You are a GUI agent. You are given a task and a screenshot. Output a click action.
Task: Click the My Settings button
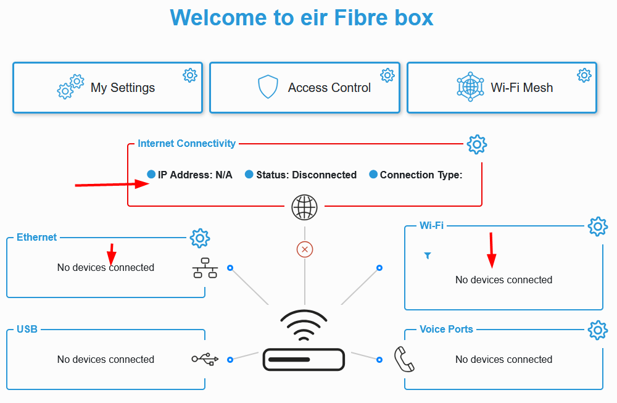tap(107, 88)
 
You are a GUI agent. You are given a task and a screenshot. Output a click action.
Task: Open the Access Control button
tap(305, 88)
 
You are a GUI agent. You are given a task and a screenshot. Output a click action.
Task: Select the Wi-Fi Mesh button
tap(502, 88)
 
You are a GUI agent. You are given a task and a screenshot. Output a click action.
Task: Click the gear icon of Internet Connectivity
tap(476, 144)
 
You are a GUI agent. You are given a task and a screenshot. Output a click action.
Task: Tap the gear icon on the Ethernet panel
tap(199, 238)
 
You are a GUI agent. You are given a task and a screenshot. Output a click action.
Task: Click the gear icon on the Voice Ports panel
tap(597, 330)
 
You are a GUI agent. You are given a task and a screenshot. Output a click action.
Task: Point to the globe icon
tap(304, 207)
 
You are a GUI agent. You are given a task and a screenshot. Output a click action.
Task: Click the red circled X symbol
tap(305, 249)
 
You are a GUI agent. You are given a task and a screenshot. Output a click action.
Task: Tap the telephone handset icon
tap(404, 359)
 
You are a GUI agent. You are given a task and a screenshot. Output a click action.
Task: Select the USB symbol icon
tap(205, 359)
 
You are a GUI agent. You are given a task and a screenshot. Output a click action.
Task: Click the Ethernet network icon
tap(205, 268)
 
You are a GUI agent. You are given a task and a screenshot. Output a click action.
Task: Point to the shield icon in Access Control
tap(268, 88)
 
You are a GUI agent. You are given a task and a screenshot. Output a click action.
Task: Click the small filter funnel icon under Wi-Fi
tap(428, 256)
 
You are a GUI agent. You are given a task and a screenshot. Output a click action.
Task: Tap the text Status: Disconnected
tap(306, 175)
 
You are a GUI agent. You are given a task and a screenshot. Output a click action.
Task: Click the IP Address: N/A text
tap(195, 175)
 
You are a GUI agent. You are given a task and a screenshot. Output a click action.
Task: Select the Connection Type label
tap(421, 175)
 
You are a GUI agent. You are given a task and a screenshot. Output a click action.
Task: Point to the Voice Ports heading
tap(446, 330)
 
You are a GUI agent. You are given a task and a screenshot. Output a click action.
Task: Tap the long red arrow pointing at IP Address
tap(112, 184)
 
